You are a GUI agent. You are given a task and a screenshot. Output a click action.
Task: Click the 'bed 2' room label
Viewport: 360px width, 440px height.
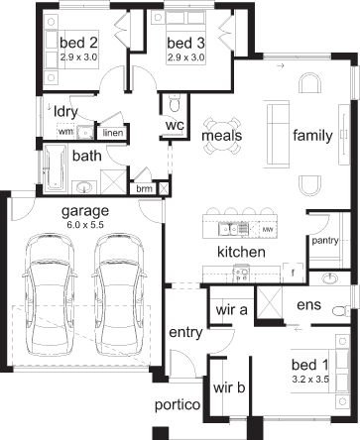coord(78,43)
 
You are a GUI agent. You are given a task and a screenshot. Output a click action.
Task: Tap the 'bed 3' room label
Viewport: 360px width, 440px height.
coord(185,43)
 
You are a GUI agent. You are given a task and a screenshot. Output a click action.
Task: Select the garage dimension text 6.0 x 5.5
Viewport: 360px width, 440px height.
coord(85,225)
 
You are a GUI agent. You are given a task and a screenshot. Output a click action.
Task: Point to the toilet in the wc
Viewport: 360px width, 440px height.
coord(175,102)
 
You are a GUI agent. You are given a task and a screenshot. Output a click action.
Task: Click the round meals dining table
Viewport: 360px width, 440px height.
coord(222,136)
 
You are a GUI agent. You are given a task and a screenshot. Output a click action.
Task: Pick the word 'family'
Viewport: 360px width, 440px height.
coord(312,136)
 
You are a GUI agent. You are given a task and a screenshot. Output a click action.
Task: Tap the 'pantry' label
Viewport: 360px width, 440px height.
coord(325,241)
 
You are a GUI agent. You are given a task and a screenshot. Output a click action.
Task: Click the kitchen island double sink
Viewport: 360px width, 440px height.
coord(233,229)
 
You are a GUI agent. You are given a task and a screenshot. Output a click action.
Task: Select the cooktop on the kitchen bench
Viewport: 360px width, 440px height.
coord(241,275)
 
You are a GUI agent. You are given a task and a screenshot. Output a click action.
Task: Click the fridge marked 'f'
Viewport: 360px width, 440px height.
coord(293,274)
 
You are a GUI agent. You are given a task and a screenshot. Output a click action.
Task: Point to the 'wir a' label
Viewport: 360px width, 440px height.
coord(231,310)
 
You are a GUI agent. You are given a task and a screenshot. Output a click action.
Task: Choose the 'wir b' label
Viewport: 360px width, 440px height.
coord(229,387)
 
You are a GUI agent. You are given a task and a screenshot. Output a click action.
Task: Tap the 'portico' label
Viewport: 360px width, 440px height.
coord(178,405)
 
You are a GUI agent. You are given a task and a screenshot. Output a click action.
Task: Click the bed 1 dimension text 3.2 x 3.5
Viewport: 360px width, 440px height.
coord(310,380)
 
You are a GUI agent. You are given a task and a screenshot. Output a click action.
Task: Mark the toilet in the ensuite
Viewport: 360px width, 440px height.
coord(341,311)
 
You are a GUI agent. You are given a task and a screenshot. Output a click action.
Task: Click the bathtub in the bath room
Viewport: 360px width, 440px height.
coord(56,168)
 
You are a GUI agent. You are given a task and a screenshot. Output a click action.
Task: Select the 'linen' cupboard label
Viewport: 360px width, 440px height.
coord(113,133)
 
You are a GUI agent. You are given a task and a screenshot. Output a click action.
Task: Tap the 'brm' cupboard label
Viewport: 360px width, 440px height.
coord(145,189)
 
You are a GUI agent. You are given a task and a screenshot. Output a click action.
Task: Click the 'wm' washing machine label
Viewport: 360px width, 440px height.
coord(65,132)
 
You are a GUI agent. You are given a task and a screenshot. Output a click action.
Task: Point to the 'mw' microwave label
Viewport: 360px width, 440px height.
coord(268,229)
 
